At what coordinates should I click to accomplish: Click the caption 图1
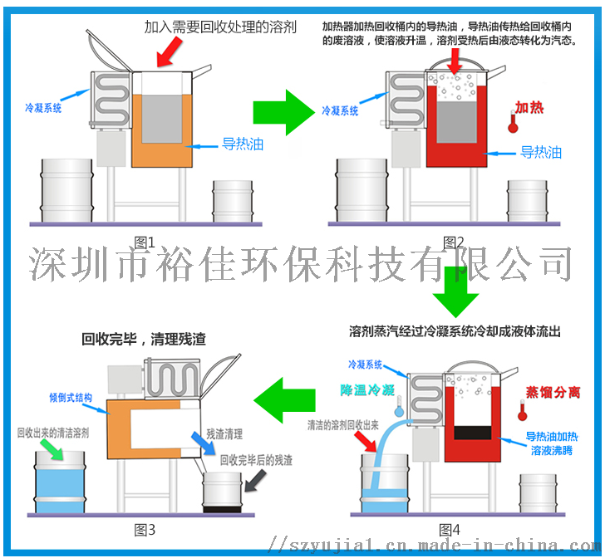click(145, 242)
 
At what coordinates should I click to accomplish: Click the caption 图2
click(454, 242)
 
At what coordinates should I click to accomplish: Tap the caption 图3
click(145, 529)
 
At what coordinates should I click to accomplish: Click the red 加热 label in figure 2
click(529, 108)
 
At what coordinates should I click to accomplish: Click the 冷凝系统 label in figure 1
click(42, 107)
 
